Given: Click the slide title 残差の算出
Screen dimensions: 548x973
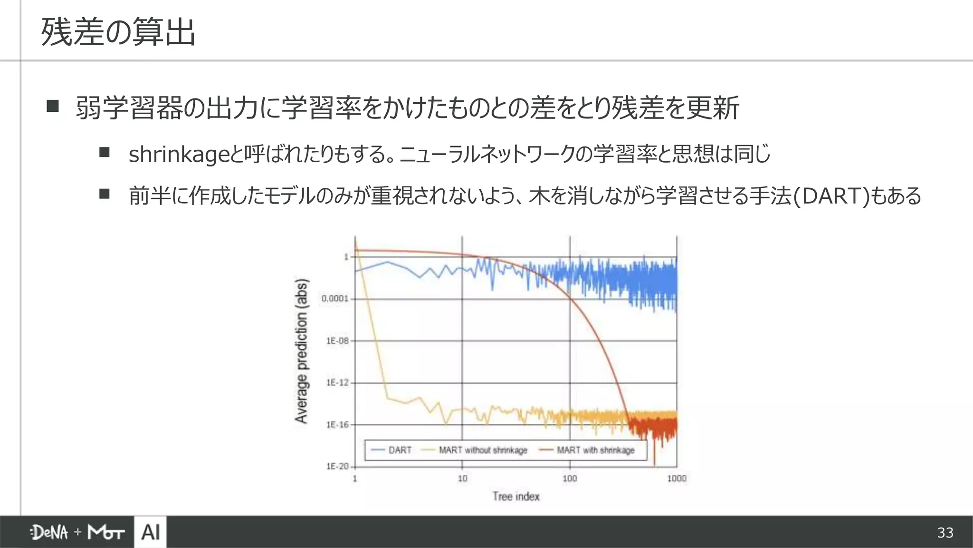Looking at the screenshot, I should pyautogui.click(x=118, y=32).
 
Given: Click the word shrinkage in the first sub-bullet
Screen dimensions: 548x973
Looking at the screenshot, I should pyautogui.click(x=173, y=154).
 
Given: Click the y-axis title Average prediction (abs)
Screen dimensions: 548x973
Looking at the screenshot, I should pyautogui.click(x=302, y=351).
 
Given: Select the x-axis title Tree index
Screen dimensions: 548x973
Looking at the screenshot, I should pyautogui.click(x=516, y=497).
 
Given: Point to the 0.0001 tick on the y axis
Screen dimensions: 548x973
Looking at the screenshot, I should pyautogui.click(x=335, y=299).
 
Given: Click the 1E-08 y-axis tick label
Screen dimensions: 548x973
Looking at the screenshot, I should pyautogui.click(x=337, y=341).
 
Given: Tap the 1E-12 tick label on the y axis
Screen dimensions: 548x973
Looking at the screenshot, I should pyautogui.click(x=337, y=383).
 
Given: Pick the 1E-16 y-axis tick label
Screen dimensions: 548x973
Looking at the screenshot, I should pyautogui.click(x=337, y=425).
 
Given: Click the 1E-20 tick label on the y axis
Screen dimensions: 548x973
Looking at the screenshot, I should pyautogui.click(x=337, y=467).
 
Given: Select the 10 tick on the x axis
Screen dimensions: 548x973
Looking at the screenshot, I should pyautogui.click(x=462, y=479).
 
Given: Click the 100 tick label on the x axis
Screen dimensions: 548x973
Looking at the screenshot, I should pyautogui.click(x=570, y=479).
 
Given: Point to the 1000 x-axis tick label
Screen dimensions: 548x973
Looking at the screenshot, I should pyautogui.click(x=677, y=479).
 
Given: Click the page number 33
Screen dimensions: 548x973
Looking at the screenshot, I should pyautogui.click(x=945, y=533).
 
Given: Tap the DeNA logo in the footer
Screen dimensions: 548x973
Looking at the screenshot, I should pyautogui.click(x=49, y=532).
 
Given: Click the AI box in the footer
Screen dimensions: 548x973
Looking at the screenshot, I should pyautogui.click(x=151, y=532).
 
